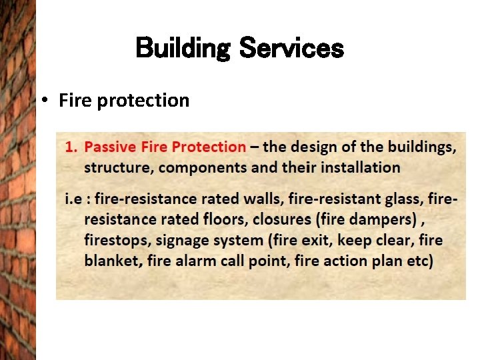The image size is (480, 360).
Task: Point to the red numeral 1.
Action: click(69, 147)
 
